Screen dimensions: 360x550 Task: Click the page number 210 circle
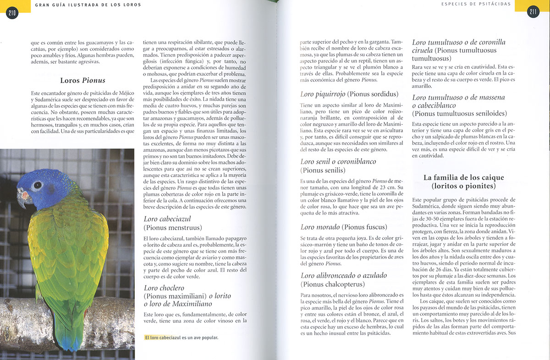click(12, 12)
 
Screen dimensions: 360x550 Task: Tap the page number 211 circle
click(533, 12)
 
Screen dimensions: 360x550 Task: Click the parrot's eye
click(37, 185)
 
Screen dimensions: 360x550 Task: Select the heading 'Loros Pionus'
click(82, 80)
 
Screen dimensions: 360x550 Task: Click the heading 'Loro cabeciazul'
click(167, 219)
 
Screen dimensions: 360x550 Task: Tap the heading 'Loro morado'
click(320, 227)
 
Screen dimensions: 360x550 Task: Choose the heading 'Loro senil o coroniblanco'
click(338, 161)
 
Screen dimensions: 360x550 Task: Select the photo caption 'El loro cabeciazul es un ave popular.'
click(181, 338)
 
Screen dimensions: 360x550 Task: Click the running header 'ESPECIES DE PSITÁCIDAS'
click(476, 4)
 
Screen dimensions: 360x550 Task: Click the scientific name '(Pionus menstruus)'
click(173, 227)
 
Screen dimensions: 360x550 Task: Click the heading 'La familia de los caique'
click(463, 177)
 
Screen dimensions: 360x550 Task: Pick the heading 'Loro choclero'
click(164, 288)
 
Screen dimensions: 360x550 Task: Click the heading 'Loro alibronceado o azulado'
click(344, 275)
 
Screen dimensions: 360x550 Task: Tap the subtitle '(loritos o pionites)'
click(463, 186)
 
